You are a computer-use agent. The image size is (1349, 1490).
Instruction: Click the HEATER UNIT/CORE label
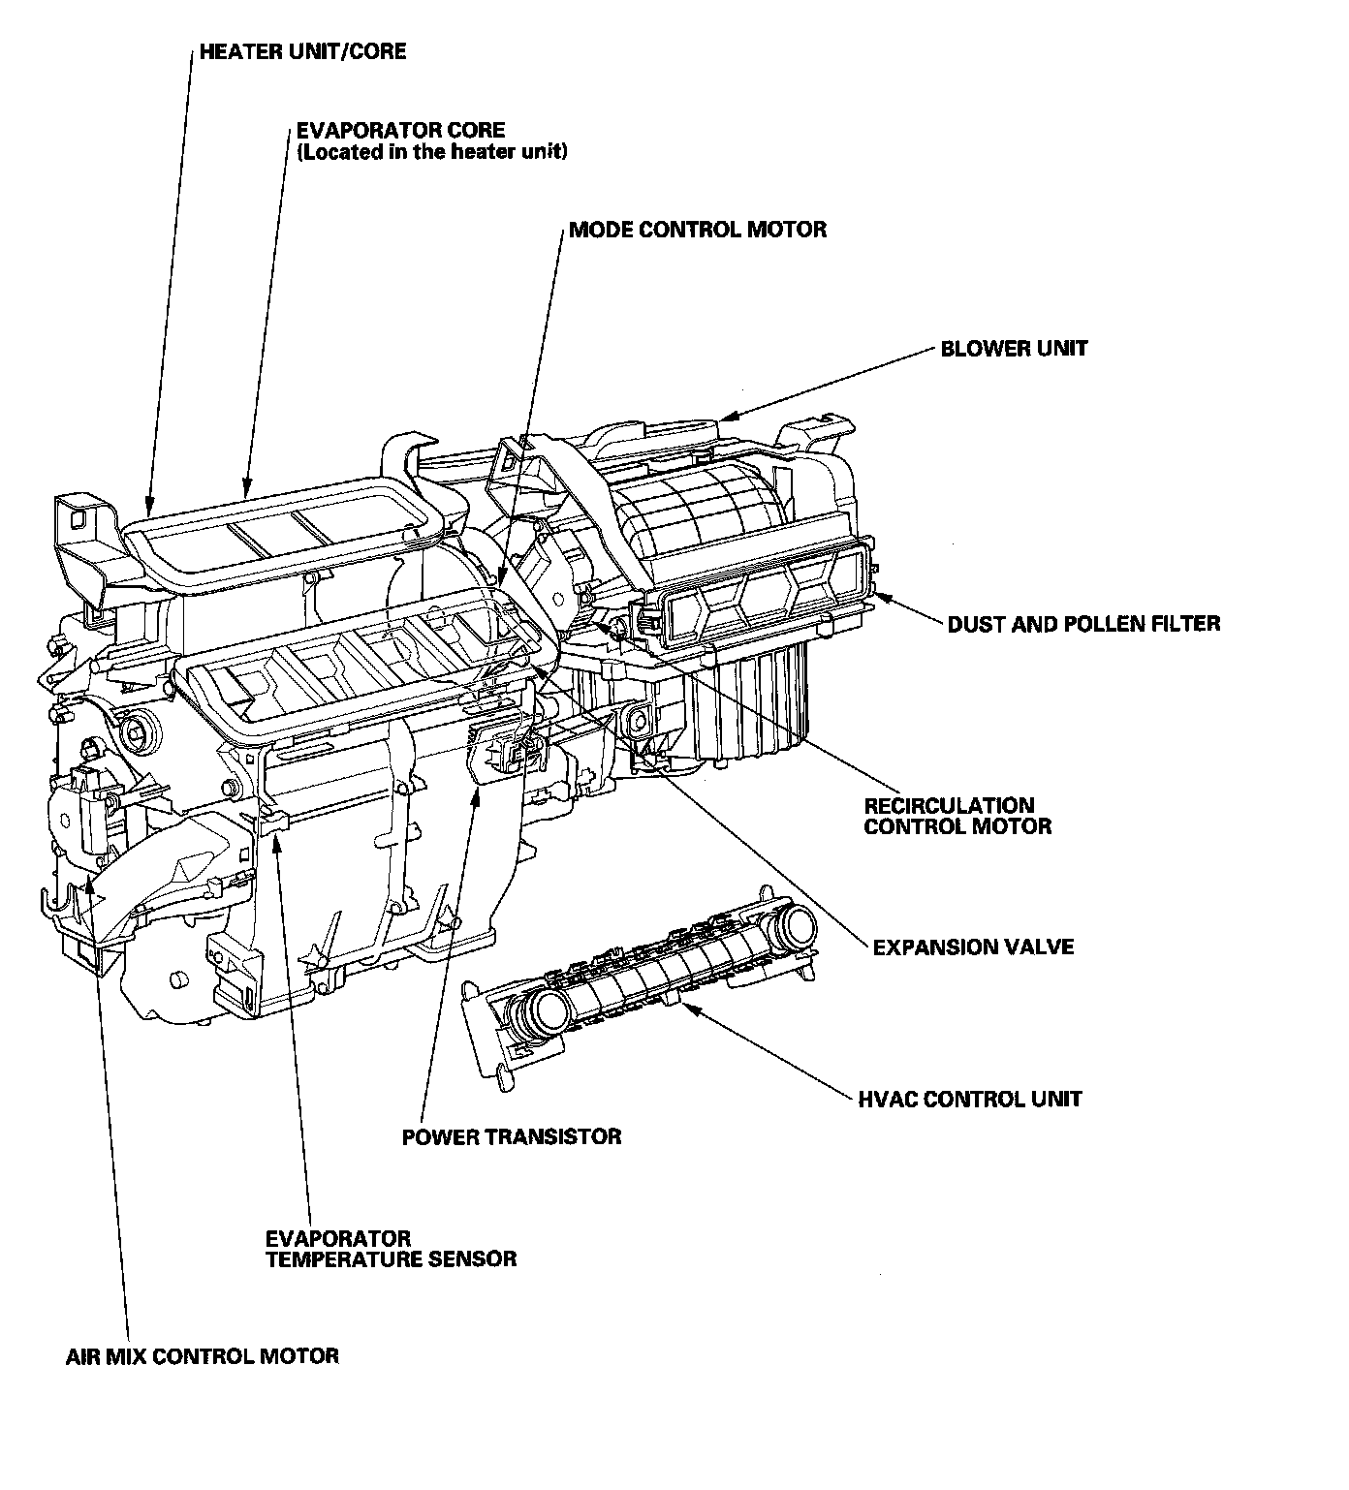point(302,51)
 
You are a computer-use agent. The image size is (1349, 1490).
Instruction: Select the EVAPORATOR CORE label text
point(400,130)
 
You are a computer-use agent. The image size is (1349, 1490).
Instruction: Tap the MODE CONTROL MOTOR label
point(698,230)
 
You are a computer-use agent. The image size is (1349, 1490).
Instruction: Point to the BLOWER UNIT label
point(1014,348)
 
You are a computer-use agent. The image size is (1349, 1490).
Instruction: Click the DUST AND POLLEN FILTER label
point(1083,623)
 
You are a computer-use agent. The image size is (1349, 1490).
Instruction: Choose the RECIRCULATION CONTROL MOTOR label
point(957,816)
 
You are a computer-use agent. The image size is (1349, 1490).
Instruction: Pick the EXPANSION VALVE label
point(973,947)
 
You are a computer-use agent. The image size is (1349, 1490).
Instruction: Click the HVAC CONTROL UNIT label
point(970,1099)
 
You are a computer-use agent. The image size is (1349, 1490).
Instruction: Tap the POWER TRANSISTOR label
point(512,1136)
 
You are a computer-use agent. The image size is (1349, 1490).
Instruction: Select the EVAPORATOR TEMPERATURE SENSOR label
point(390,1249)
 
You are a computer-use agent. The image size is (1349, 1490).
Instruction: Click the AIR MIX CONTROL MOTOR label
point(203,1355)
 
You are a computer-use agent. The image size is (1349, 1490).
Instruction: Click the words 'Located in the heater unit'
point(432,152)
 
